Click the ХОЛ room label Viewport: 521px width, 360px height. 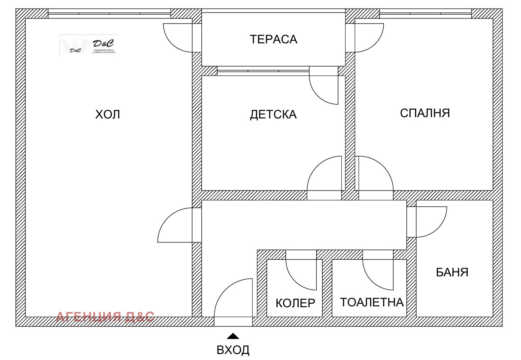tap(108, 115)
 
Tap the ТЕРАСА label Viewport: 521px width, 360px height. tap(273, 39)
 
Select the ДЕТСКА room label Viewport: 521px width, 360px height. tap(273, 115)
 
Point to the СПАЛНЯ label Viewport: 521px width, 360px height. tap(424, 113)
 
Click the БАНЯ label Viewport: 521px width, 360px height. tap(452, 272)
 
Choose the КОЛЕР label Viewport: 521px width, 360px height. tap(295, 303)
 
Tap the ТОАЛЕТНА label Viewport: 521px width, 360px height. tap(372, 302)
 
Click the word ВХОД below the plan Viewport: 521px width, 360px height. tap(233, 350)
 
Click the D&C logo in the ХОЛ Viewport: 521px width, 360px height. tap(88, 45)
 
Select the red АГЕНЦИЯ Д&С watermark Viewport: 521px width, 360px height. tap(105, 317)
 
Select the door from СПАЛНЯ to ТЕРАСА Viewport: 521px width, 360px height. tap(367, 38)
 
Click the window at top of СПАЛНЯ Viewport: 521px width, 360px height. tap(425, 14)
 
